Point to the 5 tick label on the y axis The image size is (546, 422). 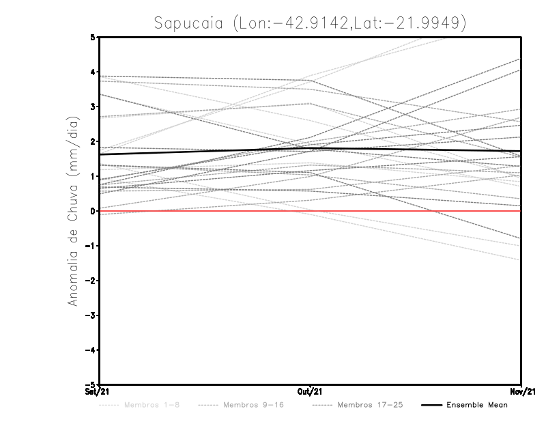coord(94,37)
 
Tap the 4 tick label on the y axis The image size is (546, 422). coord(94,72)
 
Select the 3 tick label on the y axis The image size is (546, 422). coord(94,107)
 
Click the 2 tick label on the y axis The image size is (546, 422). coord(94,141)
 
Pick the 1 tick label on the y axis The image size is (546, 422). coord(94,176)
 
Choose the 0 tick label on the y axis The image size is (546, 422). coord(94,211)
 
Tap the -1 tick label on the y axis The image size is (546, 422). coord(91,246)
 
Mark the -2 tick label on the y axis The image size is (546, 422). coord(91,281)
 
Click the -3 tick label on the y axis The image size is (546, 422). coord(91,315)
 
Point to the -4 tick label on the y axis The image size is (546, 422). coord(91,350)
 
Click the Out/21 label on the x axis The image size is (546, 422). coord(311,392)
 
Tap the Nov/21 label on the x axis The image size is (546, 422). coord(521,392)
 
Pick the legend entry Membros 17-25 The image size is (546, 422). coord(371,405)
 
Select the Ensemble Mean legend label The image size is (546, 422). coord(477,405)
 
